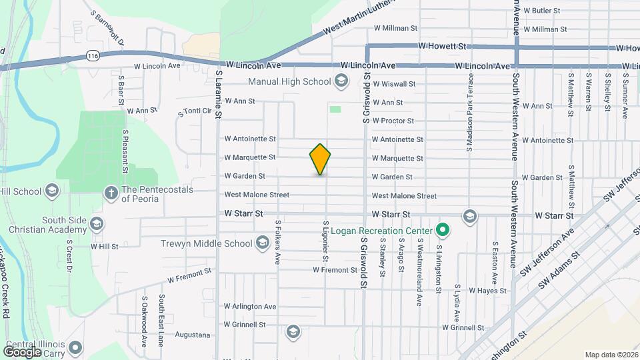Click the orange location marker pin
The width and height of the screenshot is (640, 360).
click(320, 159)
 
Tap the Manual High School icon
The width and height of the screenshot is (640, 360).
click(341, 81)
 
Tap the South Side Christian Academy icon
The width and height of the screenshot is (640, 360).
click(97, 223)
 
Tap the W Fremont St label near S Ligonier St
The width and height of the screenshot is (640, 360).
click(335, 270)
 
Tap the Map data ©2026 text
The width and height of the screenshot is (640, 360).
click(611, 355)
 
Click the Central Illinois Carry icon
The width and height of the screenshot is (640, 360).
click(75, 347)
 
